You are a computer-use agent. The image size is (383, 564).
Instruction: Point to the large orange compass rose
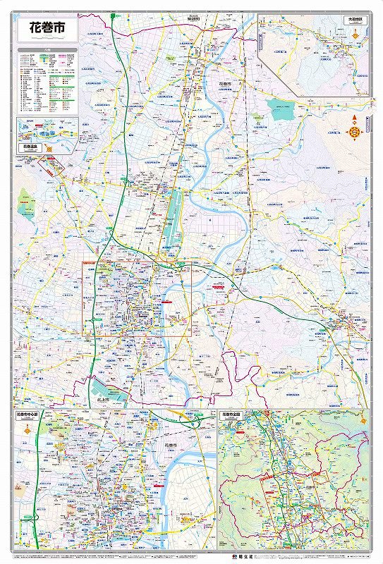click(354, 129)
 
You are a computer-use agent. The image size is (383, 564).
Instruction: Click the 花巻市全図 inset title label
click(232, 417)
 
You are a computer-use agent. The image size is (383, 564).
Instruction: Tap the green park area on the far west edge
click(27, 207)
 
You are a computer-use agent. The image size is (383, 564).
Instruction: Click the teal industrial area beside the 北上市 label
click(109, 389)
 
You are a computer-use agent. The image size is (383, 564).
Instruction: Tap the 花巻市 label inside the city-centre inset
click(170, 447)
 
